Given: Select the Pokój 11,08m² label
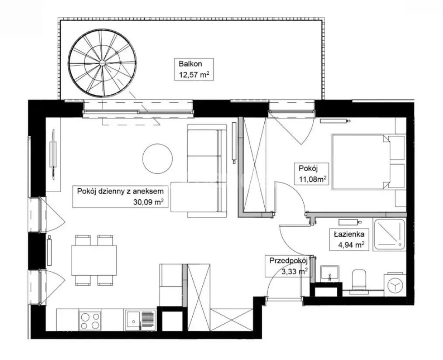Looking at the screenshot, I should (313, 174).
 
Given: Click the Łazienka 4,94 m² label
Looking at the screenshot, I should (349, 239).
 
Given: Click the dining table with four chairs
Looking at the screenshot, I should (94, 260).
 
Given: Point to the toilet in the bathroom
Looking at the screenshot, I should (360, 278).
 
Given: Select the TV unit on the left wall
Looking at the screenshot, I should (53, 155).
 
